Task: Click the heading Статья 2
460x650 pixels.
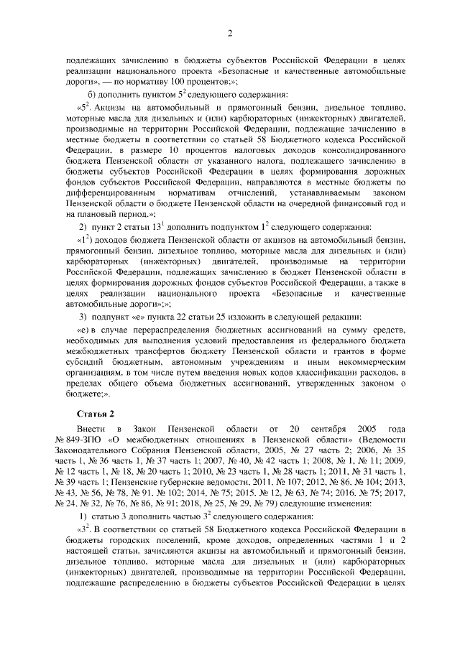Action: (97, 414)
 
